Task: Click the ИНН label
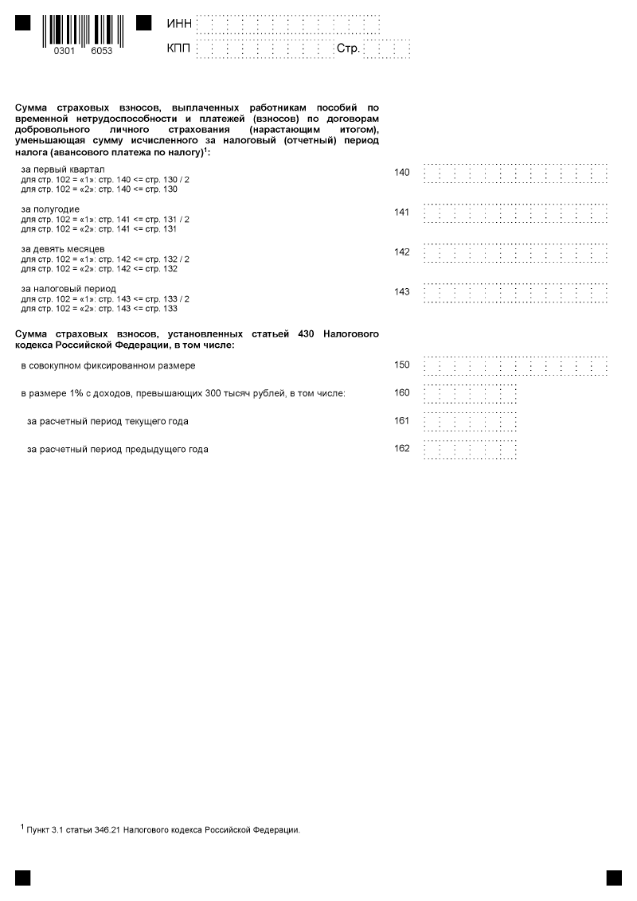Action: click(x=178, y=25)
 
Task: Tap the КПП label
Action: click(x=178, y=49)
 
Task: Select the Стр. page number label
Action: click(x=349, y=49)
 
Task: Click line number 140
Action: click(x=402, y=172)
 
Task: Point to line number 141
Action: click(x=402, y=212)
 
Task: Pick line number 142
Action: click(x=402, y=252)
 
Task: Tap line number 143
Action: click(x=402, y=291)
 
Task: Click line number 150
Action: click(x=402, y=365)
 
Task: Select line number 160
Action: click(x=402, y=392)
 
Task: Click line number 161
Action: click(x=402, y=420)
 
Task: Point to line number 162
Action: click(x=402, y=448)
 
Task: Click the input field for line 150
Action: click(x=516, y=365)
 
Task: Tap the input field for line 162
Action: click(x=470, y=449)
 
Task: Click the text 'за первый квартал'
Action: click(x=63, y=170)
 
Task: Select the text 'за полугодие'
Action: click(x=50, y=209)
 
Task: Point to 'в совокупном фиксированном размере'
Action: click(x=108, y=365)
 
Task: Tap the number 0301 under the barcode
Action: click(x=63, y=50)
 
